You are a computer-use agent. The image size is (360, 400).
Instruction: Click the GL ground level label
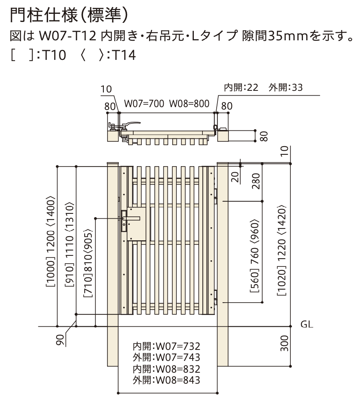(307, 324)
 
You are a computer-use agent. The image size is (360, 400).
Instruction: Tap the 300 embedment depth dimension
(284, 343)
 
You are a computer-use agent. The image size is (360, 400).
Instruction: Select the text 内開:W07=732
(167, 346)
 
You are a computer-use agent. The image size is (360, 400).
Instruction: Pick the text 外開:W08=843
(167, 380)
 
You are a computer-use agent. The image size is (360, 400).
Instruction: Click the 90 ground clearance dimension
(60, 340)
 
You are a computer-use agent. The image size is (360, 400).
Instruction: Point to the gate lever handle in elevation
(131, 218)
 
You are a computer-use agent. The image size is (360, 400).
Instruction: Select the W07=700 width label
(144, 103)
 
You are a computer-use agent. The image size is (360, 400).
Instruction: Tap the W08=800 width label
(189, 103)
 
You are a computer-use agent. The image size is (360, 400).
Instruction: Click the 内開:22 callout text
(241, 88)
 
